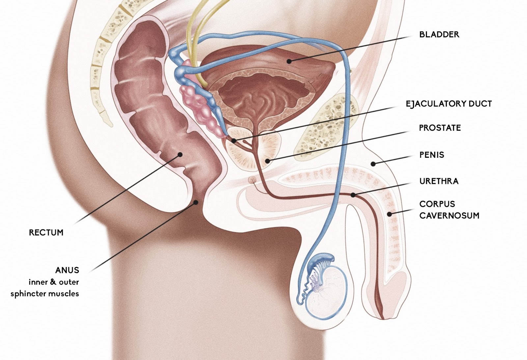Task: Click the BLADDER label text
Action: point(439,35)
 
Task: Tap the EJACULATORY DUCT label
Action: point(449,104)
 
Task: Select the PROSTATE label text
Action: point(440,128)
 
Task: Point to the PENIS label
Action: point(431,155)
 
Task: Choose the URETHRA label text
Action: point(439,181)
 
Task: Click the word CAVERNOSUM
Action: point(449,216)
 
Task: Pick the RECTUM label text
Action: point(46,233)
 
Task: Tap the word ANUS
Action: point(67,270)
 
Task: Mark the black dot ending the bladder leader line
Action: point(289,61)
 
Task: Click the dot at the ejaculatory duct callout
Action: point(234,141)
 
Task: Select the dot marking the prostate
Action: point(268,161)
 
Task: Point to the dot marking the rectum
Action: point(180,154)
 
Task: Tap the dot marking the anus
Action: point(196,202)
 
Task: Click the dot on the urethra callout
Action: point(353,195)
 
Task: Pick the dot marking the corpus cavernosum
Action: point(389,214)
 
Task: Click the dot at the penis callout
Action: point(373,164)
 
